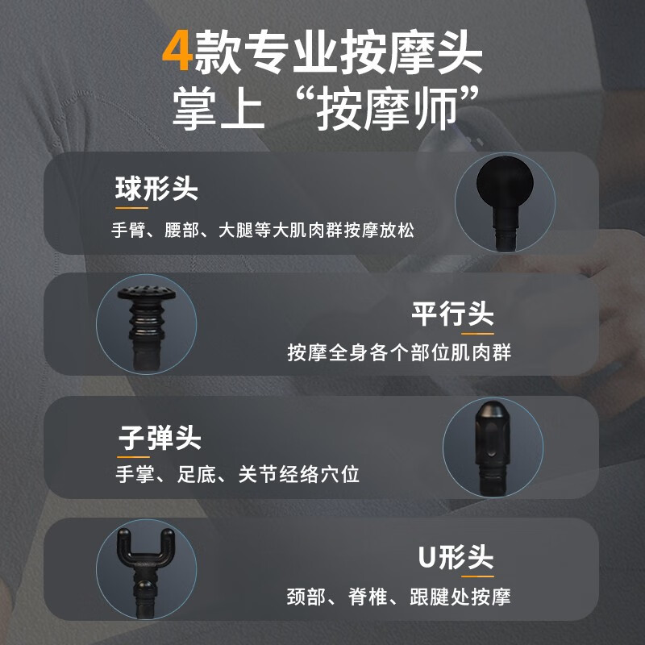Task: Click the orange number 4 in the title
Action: click(177, 51)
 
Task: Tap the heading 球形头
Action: click(156, 189)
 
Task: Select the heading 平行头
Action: click(452, 314)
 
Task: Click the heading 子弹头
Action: click(160, 438)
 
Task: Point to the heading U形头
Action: click(456, 557)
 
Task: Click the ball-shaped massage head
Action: click(505, 184)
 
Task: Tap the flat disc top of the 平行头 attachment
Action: click(147, 293)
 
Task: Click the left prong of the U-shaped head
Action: click(123, 543)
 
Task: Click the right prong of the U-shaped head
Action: click(168, 543)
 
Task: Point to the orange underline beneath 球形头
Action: click(131, 208)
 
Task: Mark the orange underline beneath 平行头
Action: click(477, 334)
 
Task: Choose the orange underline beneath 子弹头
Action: click(133, 456)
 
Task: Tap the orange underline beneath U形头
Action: click(477, 576)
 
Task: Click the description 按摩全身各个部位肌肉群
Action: click(399, 352)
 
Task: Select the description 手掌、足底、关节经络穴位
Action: click(238, 474)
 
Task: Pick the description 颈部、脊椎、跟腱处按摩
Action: click(398, 597)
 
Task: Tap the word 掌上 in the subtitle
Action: click(218, 108)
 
